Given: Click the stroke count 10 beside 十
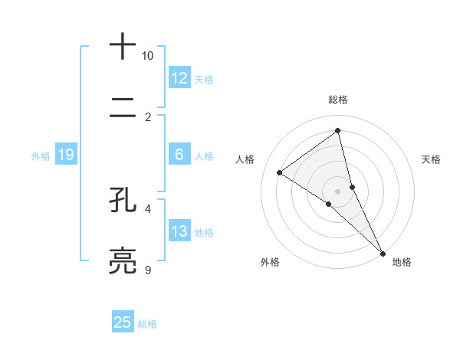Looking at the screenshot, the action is click(147, 56).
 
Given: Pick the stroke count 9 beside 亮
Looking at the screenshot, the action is click(147, 270).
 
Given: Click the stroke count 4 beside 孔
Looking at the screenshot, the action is click(147, 208).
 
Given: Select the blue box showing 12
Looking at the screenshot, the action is click(179, 77).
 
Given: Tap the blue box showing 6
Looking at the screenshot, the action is click(179, 155).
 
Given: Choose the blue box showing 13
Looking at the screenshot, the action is click(179, 231).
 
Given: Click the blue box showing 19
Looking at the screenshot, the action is click(65, 155).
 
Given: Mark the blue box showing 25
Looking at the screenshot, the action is click(123, 322).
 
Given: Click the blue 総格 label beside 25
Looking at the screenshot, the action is click(147, 324).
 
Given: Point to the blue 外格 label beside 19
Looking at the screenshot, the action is click(41, 156).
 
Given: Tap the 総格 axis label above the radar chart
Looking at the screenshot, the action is click(338, 100).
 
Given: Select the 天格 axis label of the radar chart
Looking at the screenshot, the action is click(431, 159).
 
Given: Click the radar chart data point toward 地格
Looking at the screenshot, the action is click(383, 252).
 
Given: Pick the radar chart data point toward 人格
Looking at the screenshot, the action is click(280, 172).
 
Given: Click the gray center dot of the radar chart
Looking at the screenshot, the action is click(338, 191).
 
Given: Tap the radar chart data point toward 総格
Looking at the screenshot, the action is click(338, 131).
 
